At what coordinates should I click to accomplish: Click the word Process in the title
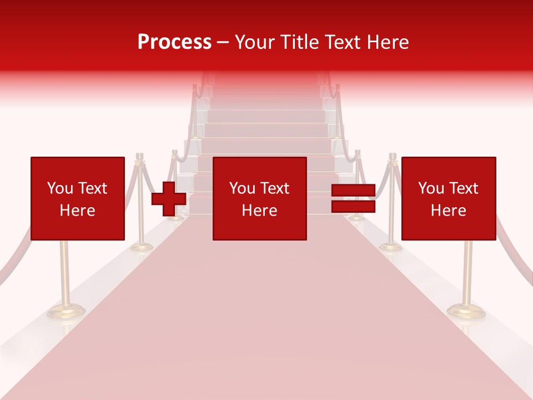(x=174, y=42)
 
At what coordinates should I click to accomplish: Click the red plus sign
(x=169, y=198)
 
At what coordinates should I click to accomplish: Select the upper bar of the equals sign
(x=353, y=191)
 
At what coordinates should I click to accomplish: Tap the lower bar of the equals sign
(x=353, y=206)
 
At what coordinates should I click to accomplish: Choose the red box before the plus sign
(x=77, y=198)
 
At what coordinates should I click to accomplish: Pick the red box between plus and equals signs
(x=259, y=198)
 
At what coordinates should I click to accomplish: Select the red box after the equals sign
(x=449, y=198)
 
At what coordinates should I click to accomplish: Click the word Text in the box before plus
(x=93, y=188)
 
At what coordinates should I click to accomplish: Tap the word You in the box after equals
(x=431, y=188)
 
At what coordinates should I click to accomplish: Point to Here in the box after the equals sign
(x=449, y=211)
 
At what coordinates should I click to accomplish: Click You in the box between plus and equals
(x=242, y=188)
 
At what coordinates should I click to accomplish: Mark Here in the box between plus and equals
(x=259, y=211)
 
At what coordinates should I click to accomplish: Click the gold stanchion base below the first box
(x=66, y=311)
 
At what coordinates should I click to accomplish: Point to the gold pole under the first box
(x=65, y=272)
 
